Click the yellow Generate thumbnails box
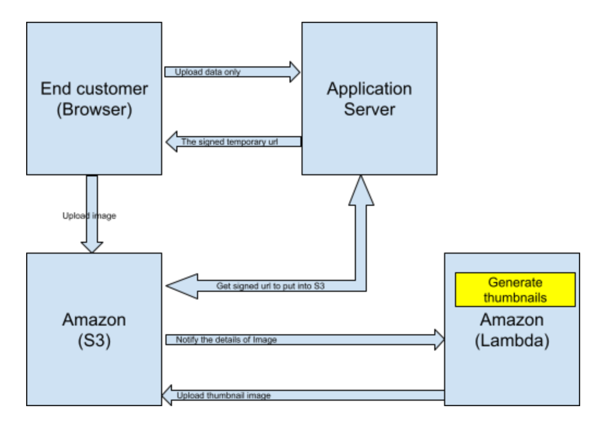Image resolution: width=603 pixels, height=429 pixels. (x=515, y=290)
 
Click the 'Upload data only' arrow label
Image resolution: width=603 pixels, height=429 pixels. (x=207, y=72)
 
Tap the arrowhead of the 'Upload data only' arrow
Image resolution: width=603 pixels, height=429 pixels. (x=294, y=72)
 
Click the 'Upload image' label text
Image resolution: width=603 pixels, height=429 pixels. (x=89, y=216)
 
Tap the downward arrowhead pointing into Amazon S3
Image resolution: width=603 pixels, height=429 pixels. (x=92, y=246)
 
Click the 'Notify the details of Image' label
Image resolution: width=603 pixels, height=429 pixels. (x=226, y=340)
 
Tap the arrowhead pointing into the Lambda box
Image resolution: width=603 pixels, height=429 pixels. (x=438, y=340)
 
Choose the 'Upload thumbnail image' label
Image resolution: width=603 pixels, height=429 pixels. (x=224, y=395)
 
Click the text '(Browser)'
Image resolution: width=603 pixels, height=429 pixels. (x=94, y=109)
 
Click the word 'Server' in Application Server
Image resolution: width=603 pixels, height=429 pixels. (x=369, y=109)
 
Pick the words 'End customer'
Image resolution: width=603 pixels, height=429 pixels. (x=94, y=89)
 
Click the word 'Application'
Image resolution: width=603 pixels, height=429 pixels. (x=369, y=89)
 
